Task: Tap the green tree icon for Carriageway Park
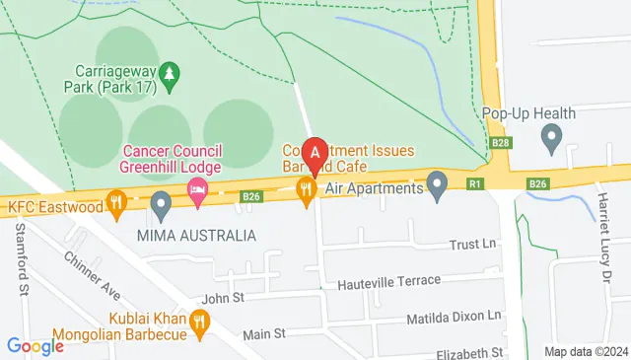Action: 170,76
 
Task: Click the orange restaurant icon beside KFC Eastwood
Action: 117,206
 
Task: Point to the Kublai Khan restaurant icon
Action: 200,321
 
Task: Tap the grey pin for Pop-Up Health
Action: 552,135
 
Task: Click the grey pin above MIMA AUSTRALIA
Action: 162,206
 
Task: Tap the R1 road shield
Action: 476,183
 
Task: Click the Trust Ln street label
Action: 470,245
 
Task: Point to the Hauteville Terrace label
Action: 388,281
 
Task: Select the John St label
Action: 222,297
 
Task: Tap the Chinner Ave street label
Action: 92,276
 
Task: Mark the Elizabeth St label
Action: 470,351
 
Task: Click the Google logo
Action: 35,346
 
